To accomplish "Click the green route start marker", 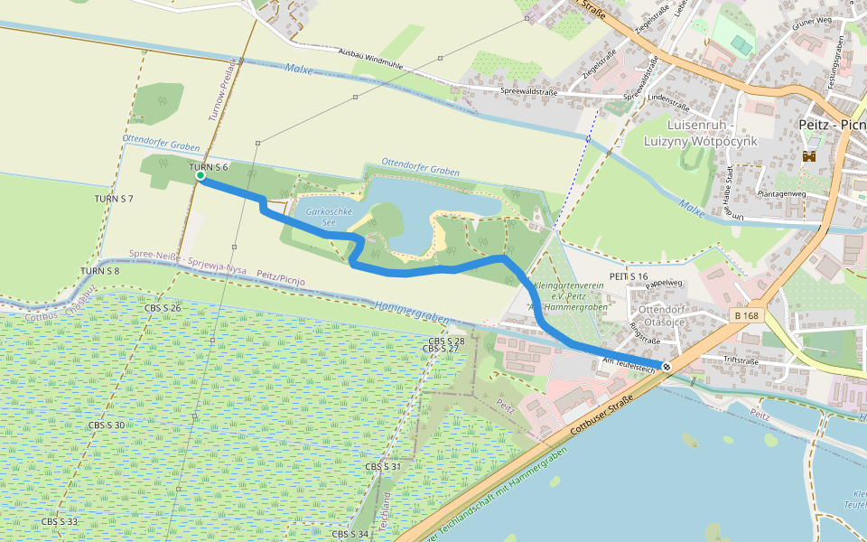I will tap(200, 176).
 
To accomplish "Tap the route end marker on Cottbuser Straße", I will tap(667, 366).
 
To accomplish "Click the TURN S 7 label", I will tap(114, 198).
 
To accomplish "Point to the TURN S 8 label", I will tap(99, 271).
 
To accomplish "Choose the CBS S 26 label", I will tap(163, 309).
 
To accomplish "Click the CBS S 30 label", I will tap(107, 425).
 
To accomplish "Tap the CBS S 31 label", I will tap(383, 467).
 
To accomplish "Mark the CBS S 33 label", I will tap(60, 522).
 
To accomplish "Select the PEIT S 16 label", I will tap(629, 276).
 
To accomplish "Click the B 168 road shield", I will tap(746, 316).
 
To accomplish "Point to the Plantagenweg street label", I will tap(782, 193).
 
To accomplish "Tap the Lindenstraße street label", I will tap(669, 97).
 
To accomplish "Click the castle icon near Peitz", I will tap(808, 156).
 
